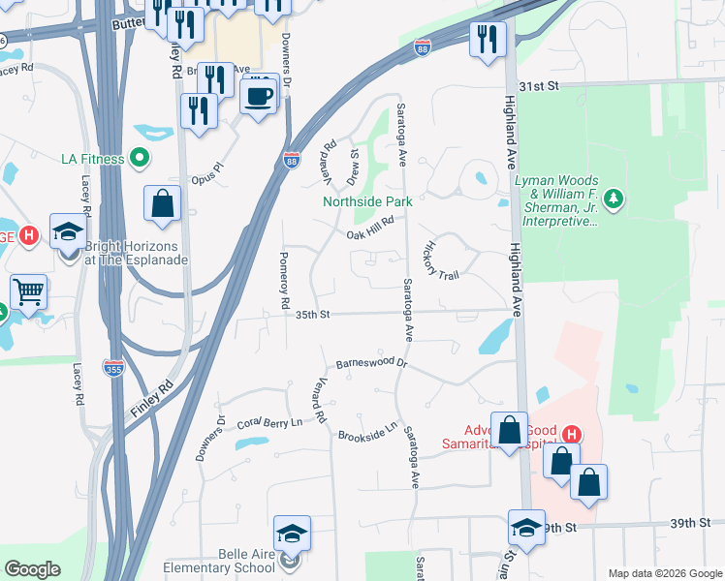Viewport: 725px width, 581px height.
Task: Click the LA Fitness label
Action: click(92, 159)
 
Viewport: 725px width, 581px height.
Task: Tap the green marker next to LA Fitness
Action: click(140, 158)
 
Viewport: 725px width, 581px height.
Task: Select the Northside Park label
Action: click(367, 201)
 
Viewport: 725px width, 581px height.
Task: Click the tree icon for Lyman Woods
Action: click(612, 199)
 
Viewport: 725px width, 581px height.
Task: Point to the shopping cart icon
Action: click(29, 290)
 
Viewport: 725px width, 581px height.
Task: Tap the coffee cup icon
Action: click(259, 97)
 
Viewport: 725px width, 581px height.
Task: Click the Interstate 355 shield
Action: click(113, 366)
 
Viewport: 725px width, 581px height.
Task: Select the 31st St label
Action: click(540, 86)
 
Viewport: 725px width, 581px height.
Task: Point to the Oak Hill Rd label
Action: click(369, 227)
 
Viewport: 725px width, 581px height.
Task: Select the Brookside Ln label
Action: click(368, 431)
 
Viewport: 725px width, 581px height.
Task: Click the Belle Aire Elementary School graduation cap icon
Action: click(292, 534)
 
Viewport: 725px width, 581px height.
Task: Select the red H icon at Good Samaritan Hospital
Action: click(572, 433)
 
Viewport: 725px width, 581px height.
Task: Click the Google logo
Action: click(32, 569)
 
